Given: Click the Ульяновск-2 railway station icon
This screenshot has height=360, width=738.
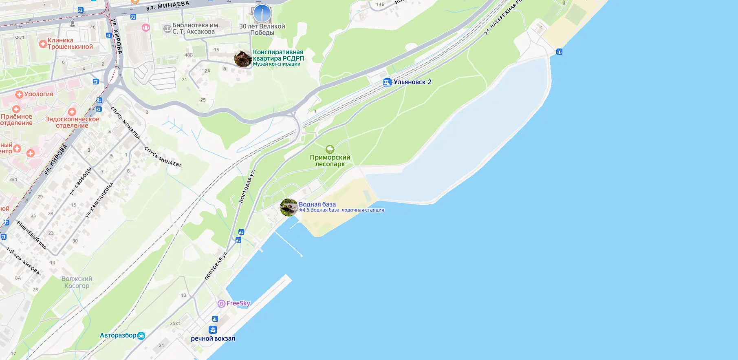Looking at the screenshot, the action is coord(388,82).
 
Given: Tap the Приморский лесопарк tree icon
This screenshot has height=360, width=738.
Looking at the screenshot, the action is coord(330,149).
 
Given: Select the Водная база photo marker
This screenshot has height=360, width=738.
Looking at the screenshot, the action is coord(289,207).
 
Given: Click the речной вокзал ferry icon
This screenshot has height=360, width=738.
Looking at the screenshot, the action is coord(213,330).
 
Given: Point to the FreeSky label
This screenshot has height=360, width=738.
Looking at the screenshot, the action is coord(238,303).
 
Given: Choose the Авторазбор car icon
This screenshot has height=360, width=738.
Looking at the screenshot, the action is coord(141,336).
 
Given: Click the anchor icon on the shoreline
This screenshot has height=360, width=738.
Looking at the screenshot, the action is coord(559,52).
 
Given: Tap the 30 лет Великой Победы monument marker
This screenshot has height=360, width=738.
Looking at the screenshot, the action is coord(262,13).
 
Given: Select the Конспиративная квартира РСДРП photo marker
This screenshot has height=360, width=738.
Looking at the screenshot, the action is coord(243,59).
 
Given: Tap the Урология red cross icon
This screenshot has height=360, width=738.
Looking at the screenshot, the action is coord(19,94).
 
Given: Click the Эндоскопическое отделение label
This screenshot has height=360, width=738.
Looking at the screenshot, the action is coord(72,122).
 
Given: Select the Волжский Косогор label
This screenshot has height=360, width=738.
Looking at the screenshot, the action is coord(77,282).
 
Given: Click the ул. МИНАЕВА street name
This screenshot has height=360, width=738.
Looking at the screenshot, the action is coord(168,6).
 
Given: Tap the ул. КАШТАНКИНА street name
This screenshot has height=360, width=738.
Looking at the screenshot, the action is coord(99,200).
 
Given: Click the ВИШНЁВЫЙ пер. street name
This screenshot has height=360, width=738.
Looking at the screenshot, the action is coord(31,235).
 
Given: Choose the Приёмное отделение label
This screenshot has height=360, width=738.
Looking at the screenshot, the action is coord(16,119).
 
